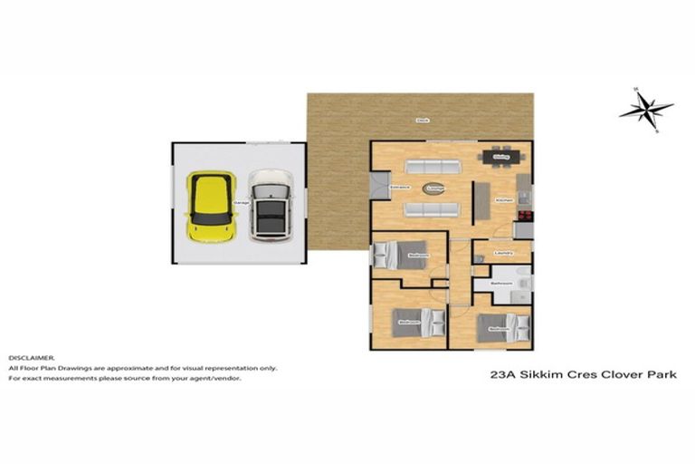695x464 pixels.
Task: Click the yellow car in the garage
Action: point(210,206)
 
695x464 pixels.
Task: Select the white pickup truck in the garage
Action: point(269,206)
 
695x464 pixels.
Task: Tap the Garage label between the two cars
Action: point(241,202)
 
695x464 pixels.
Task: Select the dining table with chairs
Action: point(498,158)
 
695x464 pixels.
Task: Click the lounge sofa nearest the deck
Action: point(432,167)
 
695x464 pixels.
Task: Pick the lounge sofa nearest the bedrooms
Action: point(432,210)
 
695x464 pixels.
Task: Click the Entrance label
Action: point(399,188)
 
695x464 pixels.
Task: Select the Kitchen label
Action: point(504,199)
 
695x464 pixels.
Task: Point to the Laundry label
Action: point(504,253)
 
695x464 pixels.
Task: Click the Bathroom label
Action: point(501,284)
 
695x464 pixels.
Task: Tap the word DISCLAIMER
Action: point(32,358)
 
